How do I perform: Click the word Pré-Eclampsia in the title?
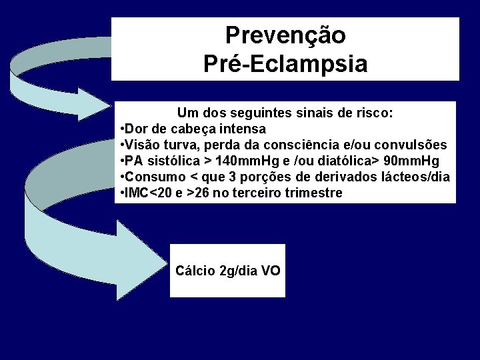[x=285, y=64]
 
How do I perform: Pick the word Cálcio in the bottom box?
[x=195, y=271]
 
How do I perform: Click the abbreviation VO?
[x=271, y=271]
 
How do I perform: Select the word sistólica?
[x=171, y=162]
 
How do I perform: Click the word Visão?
[x=141, y=145]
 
